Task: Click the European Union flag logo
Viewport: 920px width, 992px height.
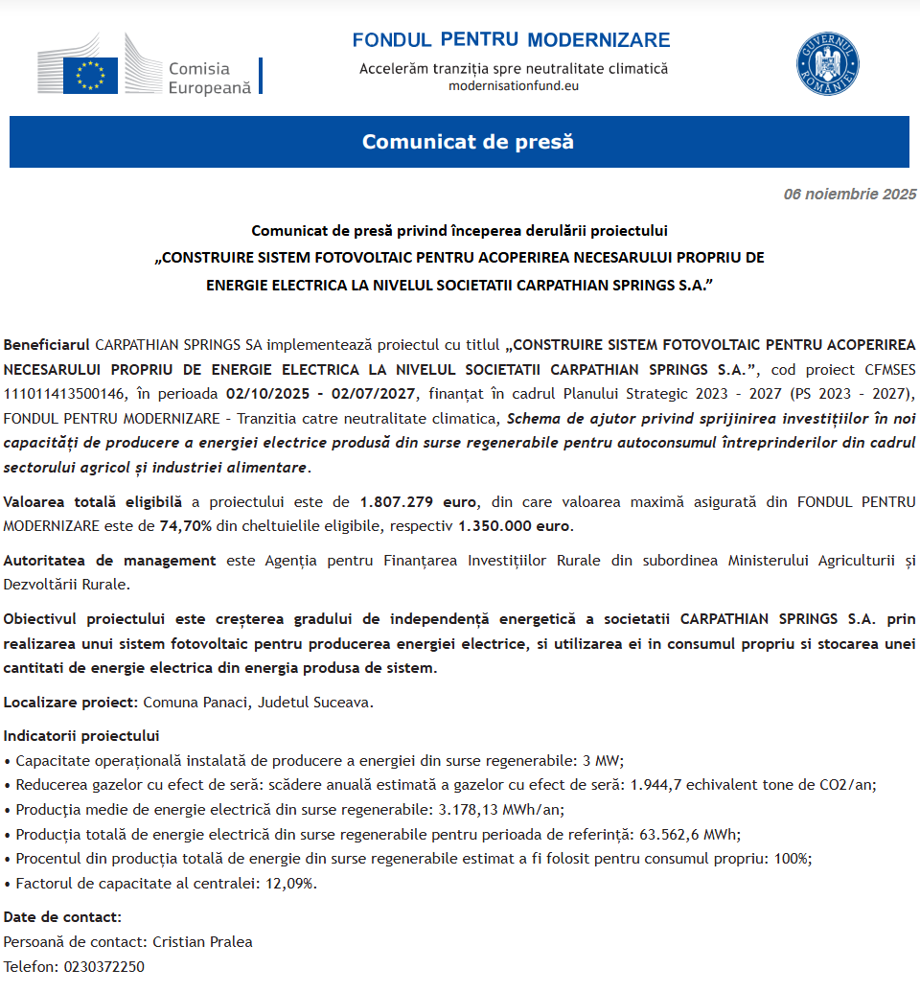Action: tap(90, 75)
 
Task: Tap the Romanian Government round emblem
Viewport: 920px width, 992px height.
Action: tap(828, 64)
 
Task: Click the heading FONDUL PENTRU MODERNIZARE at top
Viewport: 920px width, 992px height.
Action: tap(511, 40)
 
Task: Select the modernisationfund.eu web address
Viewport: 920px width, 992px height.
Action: tap(514, 85)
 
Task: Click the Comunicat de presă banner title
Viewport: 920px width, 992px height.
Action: tap(468, 142)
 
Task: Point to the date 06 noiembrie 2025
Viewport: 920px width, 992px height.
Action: tap(850, 195)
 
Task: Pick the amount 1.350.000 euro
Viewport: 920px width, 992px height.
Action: tap(515, 525)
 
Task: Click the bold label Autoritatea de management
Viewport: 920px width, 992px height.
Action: tap(109, 561)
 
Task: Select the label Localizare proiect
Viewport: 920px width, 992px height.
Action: tap(69, 702)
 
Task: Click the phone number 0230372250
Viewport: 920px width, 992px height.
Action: tap(104, 966)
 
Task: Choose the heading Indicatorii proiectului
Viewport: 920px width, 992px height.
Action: tap(81, 736)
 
